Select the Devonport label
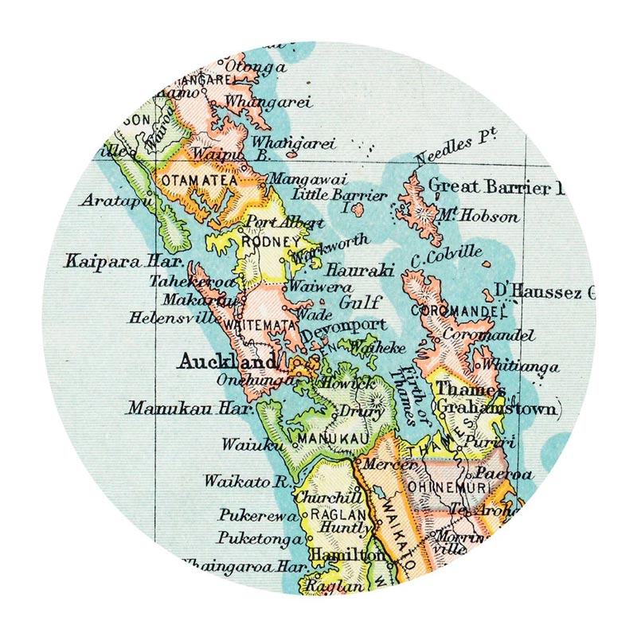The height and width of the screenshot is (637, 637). (350, 325)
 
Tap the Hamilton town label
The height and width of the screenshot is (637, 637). (338, 553)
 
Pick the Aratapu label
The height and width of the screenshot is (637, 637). (115, 201)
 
